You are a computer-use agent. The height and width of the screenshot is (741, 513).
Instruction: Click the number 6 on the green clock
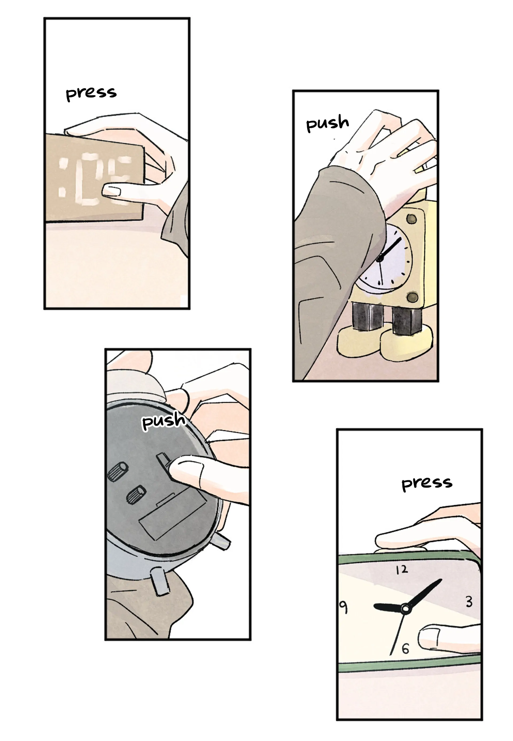click(405, 658)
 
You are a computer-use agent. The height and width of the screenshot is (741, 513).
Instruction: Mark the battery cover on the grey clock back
click(173, 522)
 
